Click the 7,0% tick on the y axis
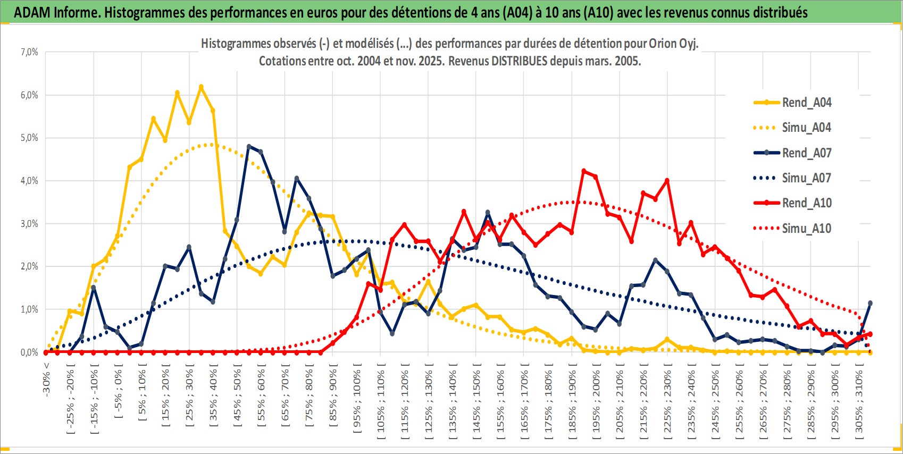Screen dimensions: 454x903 click(x=29, y=52)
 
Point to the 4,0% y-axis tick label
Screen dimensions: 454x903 click(x=29, y=181)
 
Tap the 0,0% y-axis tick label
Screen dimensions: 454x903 click(x=29, y=352)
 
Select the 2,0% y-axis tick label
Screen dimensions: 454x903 click(x=29, y=266)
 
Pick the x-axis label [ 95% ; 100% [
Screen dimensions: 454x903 click(x=357, y=398)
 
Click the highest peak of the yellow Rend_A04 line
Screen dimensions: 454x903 click(x=201, y=87)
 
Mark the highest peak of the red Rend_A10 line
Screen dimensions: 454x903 click(x=584, y=171)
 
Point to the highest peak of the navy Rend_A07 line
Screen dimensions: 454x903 click(x=249, y=146)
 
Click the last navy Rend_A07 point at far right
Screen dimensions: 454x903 click(x=871, y=303)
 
